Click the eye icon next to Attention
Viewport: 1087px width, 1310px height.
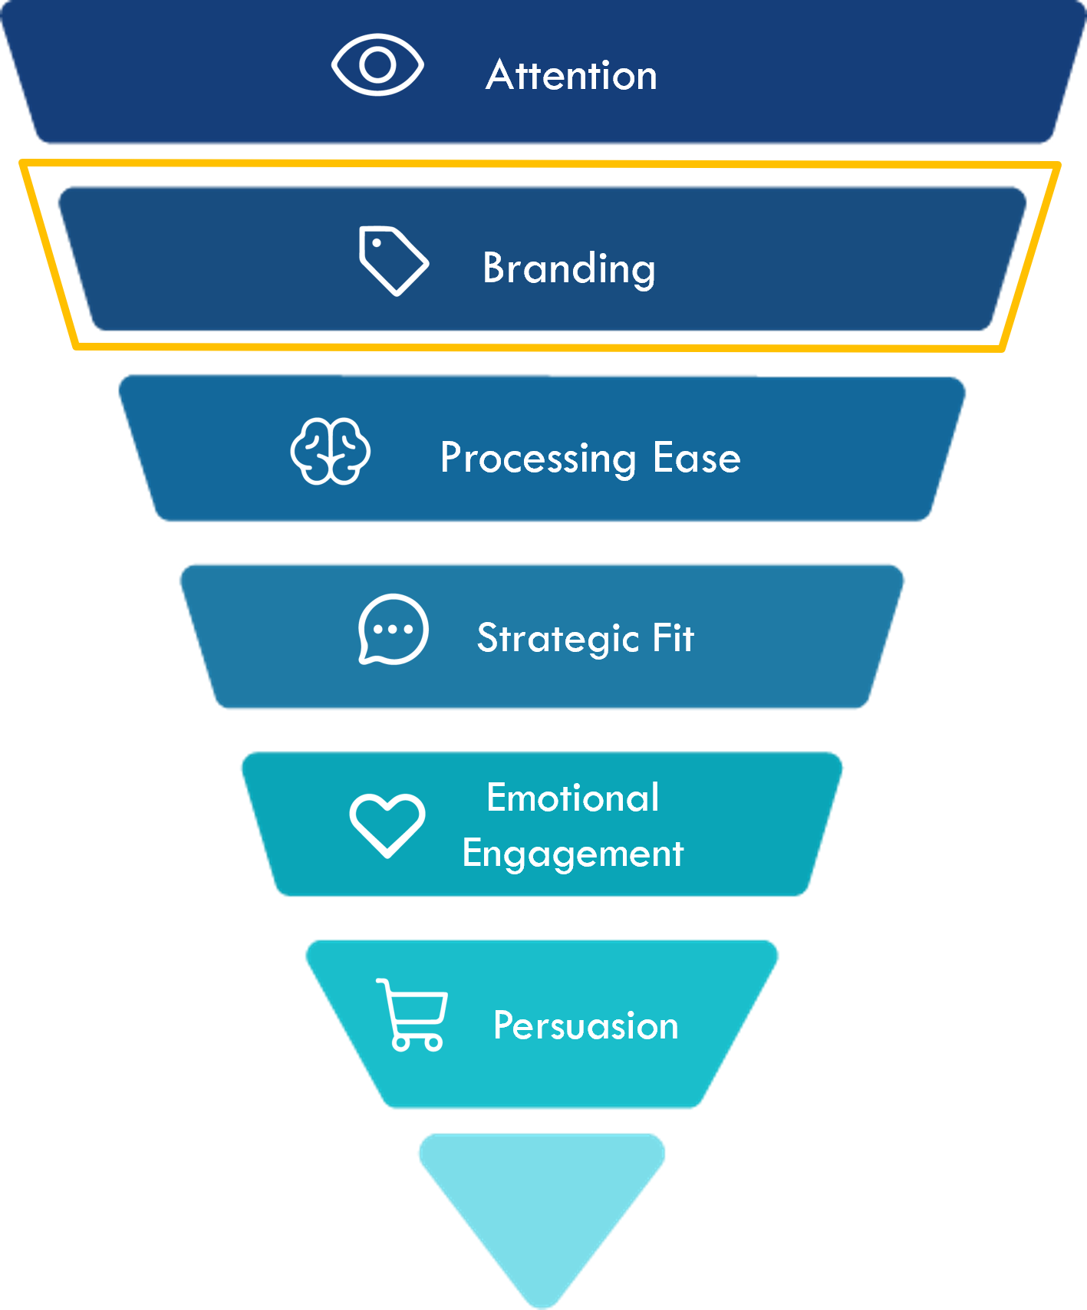click(377, 65)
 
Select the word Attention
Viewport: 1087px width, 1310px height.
click(571, 75)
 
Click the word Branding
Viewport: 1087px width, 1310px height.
click(568, 268)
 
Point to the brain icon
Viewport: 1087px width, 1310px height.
click(331, 451)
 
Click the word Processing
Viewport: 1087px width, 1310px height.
click(538, 459)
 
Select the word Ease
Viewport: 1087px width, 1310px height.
click(697, 458)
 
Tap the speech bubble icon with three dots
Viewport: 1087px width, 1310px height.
click(393, 629)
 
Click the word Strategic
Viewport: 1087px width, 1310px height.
click(558, 638)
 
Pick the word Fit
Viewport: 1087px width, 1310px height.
click(673, 637)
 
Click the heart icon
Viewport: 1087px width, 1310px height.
click(387, 825)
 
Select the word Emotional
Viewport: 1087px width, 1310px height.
click(572, 798)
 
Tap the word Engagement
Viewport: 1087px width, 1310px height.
click(572, 854)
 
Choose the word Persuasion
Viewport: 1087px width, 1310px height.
click(585, 1026)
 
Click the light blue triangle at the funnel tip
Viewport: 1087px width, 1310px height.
click(542, 1204)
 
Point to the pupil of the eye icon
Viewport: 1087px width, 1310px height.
click(377, 65)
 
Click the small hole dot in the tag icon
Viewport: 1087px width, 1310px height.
click(377, 243)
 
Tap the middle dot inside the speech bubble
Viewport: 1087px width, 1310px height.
click(394, 630)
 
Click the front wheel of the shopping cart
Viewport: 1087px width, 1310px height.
click(400, 1043)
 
